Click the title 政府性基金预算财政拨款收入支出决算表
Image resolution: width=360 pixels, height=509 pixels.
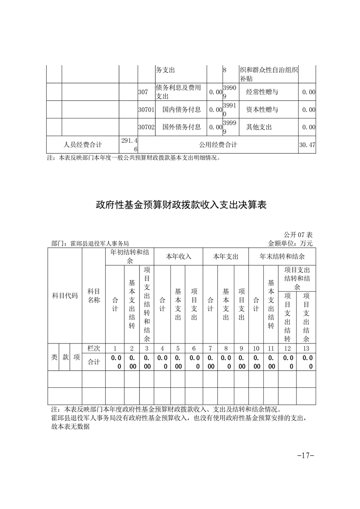pos(180,205)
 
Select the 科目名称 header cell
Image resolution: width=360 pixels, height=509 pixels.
pos(94,296)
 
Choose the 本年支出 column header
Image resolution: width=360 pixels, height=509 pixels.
pos(226,256)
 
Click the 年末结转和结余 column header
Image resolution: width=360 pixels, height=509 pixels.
pos(282,256)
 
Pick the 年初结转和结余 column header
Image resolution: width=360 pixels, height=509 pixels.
pos(130,256)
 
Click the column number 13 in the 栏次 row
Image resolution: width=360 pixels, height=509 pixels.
pos(306,348)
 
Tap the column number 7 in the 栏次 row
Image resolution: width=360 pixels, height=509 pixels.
pos(210,348)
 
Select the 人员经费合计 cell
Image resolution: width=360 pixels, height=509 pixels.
pos(83,145)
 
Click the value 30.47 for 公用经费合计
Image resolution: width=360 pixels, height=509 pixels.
pos(307,145)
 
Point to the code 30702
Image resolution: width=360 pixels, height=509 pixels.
pos(146,127)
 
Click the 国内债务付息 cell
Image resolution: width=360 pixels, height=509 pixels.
pos(181,109)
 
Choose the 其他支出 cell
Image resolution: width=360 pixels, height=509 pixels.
pos(259,127)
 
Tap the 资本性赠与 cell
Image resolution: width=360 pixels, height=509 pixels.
pos(262,109)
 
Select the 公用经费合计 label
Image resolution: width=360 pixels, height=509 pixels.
pos(218,145)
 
